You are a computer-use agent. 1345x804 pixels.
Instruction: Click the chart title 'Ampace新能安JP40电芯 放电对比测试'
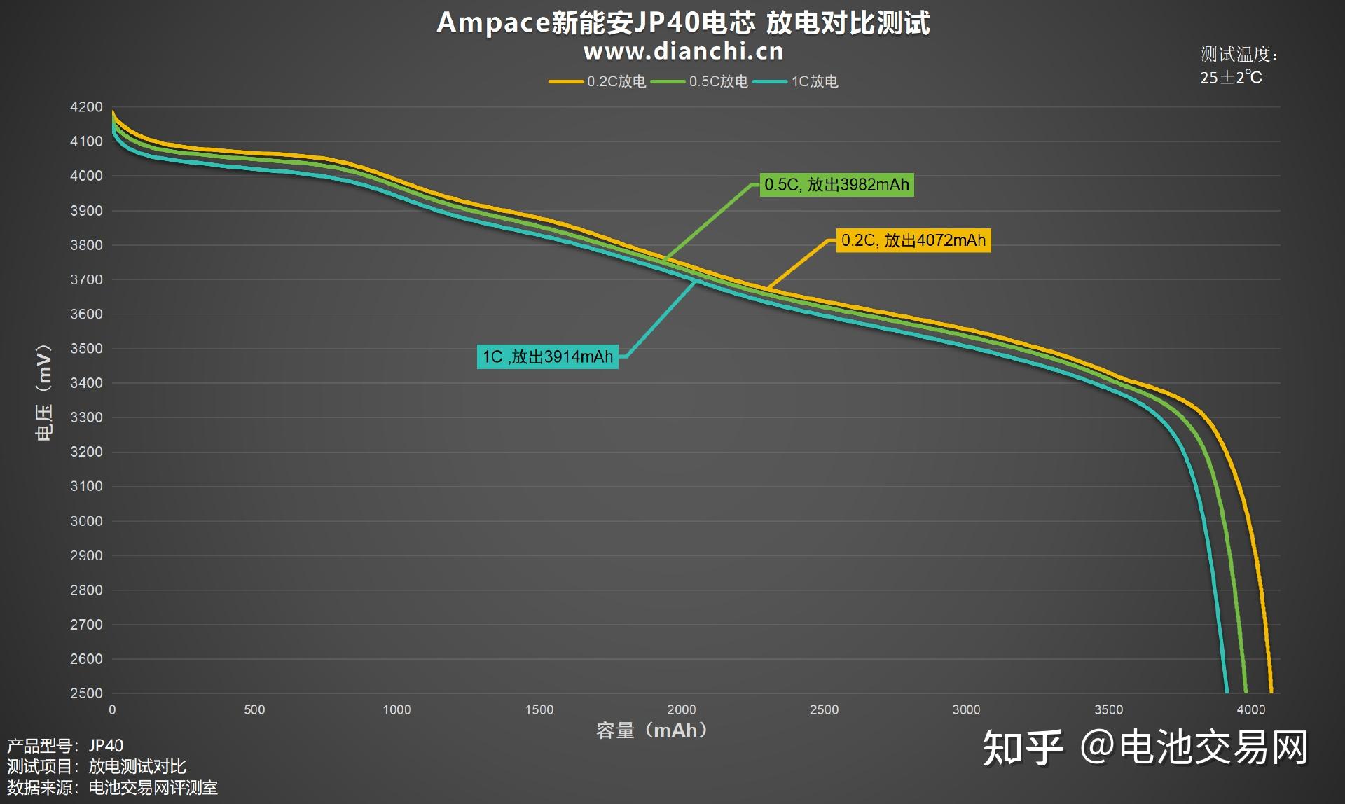point(683,22)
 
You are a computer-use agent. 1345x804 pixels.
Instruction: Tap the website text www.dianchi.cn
point(683,51)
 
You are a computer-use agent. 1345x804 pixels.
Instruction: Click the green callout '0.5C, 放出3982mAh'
point(836,185)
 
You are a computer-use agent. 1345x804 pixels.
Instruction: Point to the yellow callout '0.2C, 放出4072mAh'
point(913,240)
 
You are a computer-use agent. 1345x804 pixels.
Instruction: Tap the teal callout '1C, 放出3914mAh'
point(547,356)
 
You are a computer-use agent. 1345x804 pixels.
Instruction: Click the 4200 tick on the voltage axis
point(86,107)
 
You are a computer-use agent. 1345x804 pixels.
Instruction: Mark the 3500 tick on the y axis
point(86,348)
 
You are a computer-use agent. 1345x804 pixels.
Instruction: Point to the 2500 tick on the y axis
point(86,693)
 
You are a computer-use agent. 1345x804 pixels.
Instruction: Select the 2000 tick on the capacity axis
point(681,709)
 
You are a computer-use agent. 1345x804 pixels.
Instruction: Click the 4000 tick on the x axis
point(1250,709)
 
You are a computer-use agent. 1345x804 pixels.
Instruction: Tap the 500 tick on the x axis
point(254,709)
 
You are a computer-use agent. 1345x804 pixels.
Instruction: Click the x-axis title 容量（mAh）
point(651,730)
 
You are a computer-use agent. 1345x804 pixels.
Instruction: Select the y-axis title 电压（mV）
point(43,392)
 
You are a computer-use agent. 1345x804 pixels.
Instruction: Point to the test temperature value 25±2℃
point(1231,77)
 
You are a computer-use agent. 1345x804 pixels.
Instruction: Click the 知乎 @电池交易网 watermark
point(1145,747)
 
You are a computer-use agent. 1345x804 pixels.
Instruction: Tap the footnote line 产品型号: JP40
point(65,745)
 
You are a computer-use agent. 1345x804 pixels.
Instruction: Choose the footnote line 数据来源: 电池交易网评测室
point(112,788)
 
